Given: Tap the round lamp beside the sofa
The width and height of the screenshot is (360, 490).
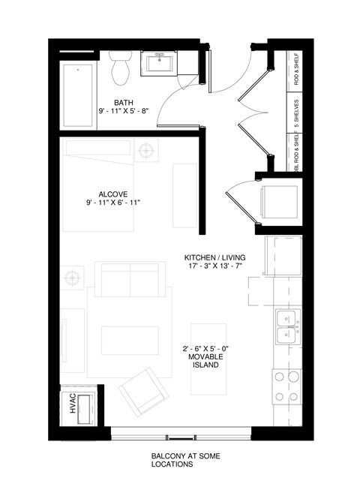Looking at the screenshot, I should (72, 278).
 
